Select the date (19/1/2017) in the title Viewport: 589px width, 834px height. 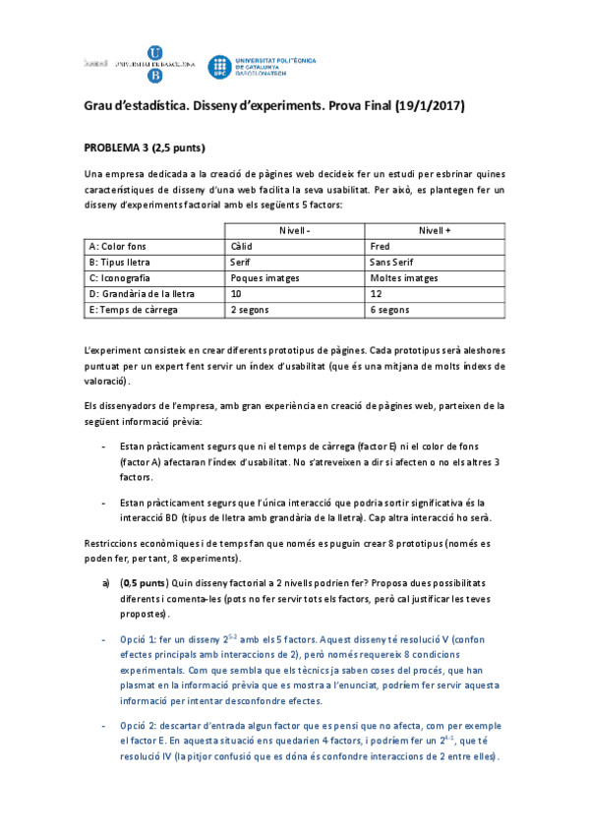click(430, 105)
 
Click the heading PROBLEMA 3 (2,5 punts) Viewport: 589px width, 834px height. click(144, 148)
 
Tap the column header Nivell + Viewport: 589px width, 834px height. click(434, 229)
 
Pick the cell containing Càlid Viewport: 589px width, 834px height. click(241, 246)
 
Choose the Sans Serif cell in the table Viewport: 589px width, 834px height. click(391, 262)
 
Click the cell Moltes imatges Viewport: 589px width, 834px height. click(403, 277)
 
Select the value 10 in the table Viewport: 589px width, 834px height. click(236, 293)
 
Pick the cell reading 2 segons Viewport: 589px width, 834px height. click(250, 309)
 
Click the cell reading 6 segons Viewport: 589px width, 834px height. click(389, 309)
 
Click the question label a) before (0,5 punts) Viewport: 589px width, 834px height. click(106, 581)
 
